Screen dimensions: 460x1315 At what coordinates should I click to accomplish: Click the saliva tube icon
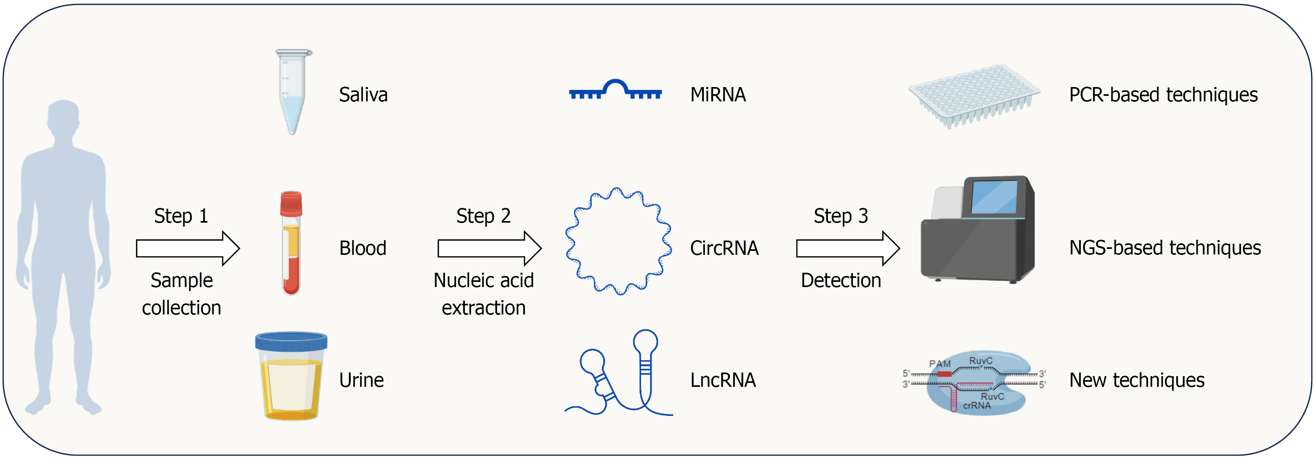(x=293, y=92)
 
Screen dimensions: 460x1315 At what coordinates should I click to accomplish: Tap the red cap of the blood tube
(x=291, y=204)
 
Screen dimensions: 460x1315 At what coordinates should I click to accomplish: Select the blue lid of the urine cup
(x=291, y=341)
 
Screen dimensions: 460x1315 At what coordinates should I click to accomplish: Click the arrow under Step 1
(x=187, y=248)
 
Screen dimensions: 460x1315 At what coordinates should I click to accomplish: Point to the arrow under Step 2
(x=489, y=248)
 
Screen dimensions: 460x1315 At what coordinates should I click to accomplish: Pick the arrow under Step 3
(x=847, y=248)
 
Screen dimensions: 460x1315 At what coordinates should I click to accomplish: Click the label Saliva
(x=363, y=95)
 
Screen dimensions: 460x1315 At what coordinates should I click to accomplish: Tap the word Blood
(x=362, y=248)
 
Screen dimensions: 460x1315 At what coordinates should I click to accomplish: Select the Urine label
(x=361, y=380)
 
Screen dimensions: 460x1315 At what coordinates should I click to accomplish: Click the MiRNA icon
(x=615, y=90)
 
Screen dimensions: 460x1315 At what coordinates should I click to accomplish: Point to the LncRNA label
(x=723, y=380)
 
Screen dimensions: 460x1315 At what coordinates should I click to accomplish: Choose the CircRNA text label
(x=724, y=248)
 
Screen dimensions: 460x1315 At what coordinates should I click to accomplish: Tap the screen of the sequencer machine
(x=993, y=196)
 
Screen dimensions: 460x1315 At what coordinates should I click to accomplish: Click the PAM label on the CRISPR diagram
(x=939, y=363)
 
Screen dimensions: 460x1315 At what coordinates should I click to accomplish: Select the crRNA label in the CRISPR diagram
(x=977, y=406)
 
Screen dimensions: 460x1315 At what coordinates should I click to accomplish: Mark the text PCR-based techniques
(x=1163, y=95)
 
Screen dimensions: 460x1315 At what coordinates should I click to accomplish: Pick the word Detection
(x=841, y=280)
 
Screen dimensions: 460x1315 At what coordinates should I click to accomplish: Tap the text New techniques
(x=1136, y=380)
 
